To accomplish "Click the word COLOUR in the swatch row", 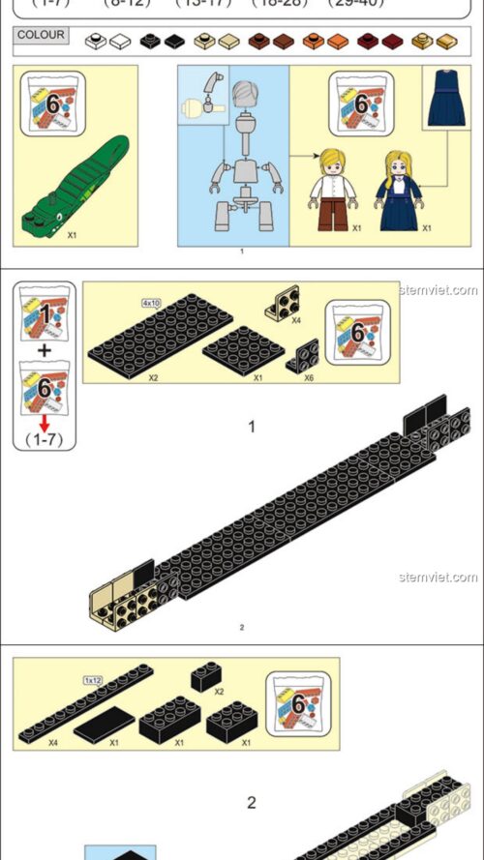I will coord(42,36).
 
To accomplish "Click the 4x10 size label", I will coord(151,302).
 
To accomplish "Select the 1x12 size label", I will coord(95,679).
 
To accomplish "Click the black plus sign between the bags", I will coord(44,349).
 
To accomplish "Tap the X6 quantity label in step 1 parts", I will coord(308,377).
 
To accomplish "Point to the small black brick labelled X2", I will coord(205,676).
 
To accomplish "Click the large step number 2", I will coord(252,802).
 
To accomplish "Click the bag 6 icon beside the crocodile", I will coord(53,104).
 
